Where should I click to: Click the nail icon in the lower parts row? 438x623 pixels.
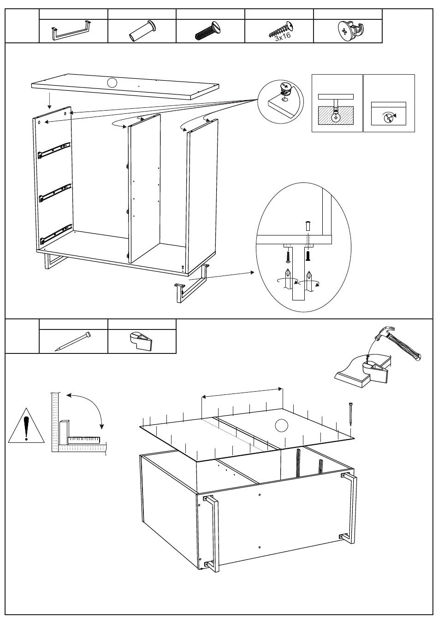(x=73, y=341)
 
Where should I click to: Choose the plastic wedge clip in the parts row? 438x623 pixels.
(x=141, y=341)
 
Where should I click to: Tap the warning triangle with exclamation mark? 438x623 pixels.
(x=26, y=425)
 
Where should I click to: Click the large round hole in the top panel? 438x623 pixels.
(x=111, y=83)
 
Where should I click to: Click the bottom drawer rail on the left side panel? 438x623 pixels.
(x=56, y=233)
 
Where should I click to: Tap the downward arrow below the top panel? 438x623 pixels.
(x=49, y=98)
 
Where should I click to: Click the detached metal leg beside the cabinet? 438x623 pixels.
(x=190, y=286)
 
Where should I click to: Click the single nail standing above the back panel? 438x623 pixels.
(x=351, y=413)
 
